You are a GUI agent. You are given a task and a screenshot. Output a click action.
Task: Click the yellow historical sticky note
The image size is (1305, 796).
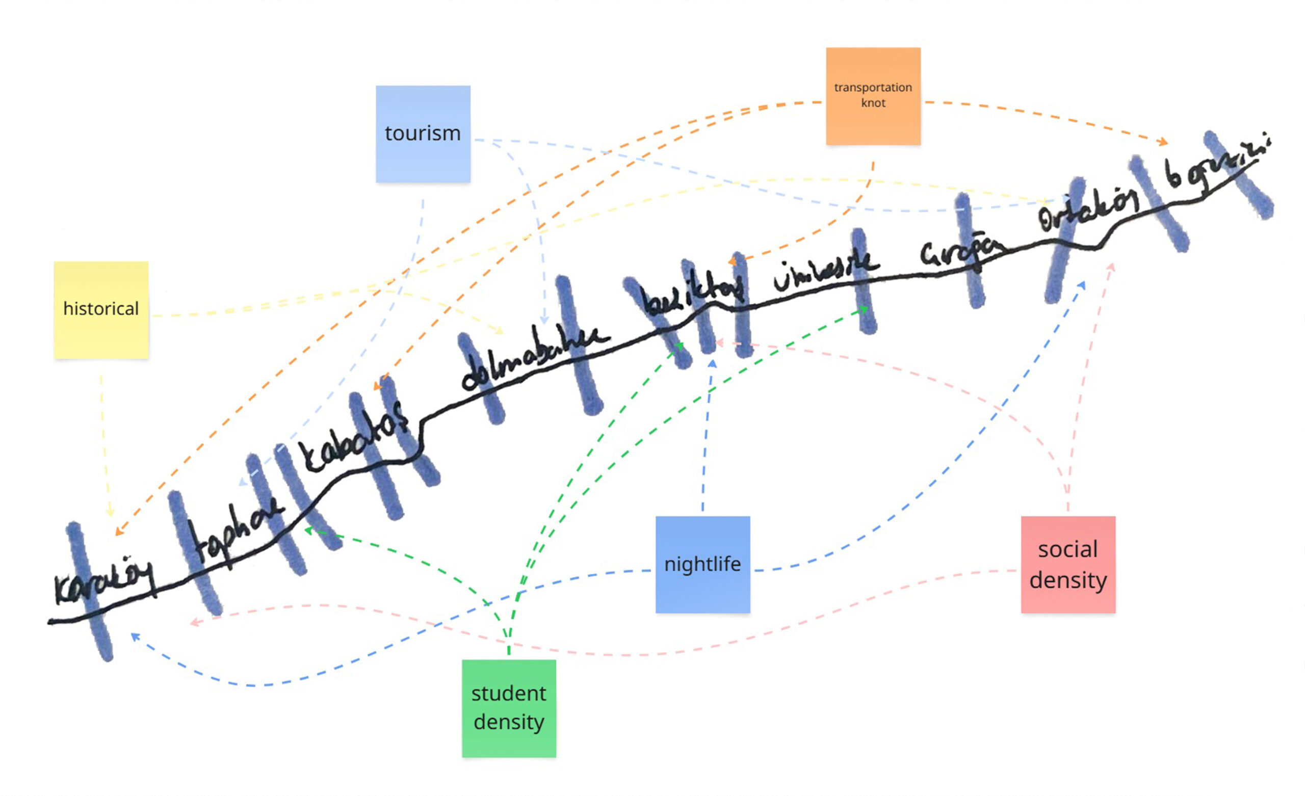pos(101,310)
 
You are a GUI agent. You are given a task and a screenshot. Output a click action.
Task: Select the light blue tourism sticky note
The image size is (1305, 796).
pos(423,134)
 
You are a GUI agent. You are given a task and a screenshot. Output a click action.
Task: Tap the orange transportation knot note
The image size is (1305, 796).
pos(873,96)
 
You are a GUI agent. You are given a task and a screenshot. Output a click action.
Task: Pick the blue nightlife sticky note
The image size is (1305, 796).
pos(702,565)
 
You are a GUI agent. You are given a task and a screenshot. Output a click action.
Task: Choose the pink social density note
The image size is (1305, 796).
pos(1068,565)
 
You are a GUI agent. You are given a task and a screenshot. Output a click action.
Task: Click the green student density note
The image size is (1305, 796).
pos(508,708)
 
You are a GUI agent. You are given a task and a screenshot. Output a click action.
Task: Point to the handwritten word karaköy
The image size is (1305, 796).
pos(104,582)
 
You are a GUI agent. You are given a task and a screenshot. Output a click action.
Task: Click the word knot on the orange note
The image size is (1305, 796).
pos(873,103)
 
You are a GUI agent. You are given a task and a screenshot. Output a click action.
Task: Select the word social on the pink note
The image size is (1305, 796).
pos(1068,549)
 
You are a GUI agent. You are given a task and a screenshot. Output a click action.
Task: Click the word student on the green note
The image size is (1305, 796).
pos(508,693)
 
